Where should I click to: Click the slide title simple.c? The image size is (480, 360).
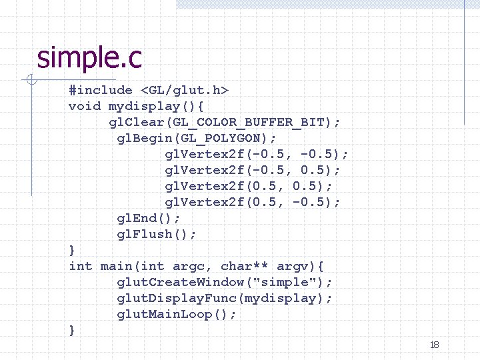point(89,58)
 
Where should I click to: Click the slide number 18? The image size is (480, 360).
point(434,345)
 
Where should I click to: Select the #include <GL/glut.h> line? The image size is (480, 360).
point(149,90)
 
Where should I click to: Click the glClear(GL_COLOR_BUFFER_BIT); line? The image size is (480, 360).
point(225,122)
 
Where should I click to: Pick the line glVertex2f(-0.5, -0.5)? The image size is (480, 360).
point(257,154)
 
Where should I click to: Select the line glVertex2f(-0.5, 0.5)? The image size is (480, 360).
point(253,170)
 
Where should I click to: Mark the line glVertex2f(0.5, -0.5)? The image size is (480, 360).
point(253,202)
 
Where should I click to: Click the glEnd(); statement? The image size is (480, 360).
point(149,218)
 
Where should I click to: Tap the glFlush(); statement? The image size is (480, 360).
point(157,234)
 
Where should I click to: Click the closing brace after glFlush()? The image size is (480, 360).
point(72,250)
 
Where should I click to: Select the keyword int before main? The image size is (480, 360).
point(81,266)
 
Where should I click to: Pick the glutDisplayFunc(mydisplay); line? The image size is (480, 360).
point(225,298)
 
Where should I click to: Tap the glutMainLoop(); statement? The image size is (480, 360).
point(177,314)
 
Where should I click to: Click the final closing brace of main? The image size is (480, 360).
point(72,330)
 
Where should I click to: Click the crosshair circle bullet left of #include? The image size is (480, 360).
point(30,81)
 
